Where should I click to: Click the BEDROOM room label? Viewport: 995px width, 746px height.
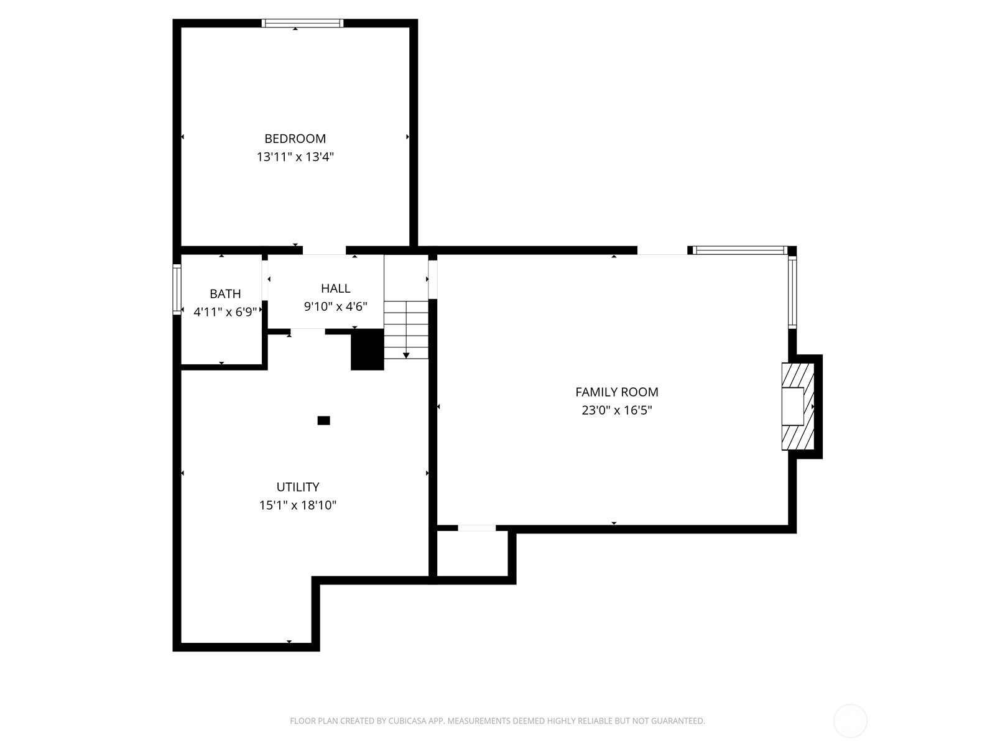295,138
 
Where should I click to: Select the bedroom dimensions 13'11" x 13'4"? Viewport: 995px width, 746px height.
295,157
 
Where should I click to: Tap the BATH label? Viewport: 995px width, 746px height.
225,293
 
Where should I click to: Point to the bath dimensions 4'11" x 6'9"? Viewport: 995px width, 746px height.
225,311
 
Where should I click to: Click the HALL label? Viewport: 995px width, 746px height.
335,288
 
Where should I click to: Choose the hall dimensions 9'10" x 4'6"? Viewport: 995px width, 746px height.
335,306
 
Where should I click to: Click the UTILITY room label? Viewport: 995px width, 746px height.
298,487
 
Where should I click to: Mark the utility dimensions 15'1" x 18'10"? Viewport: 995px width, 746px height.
298,505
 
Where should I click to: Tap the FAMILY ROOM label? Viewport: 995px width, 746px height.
616,392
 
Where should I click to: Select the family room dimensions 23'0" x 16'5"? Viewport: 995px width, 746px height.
616,410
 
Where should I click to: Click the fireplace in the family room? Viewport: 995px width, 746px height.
797,407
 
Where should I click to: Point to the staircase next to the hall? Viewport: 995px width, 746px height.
406,329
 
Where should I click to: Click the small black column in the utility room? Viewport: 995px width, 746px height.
323,420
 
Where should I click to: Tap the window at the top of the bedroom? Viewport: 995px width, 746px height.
302,23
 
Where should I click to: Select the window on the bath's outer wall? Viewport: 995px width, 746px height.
177,289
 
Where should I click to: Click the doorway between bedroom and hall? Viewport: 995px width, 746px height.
324,251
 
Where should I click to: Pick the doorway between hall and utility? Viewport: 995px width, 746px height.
308,331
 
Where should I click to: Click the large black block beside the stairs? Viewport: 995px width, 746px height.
368,349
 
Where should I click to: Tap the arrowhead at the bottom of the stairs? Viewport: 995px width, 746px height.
406,356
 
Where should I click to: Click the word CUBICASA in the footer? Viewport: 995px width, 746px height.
408,721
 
